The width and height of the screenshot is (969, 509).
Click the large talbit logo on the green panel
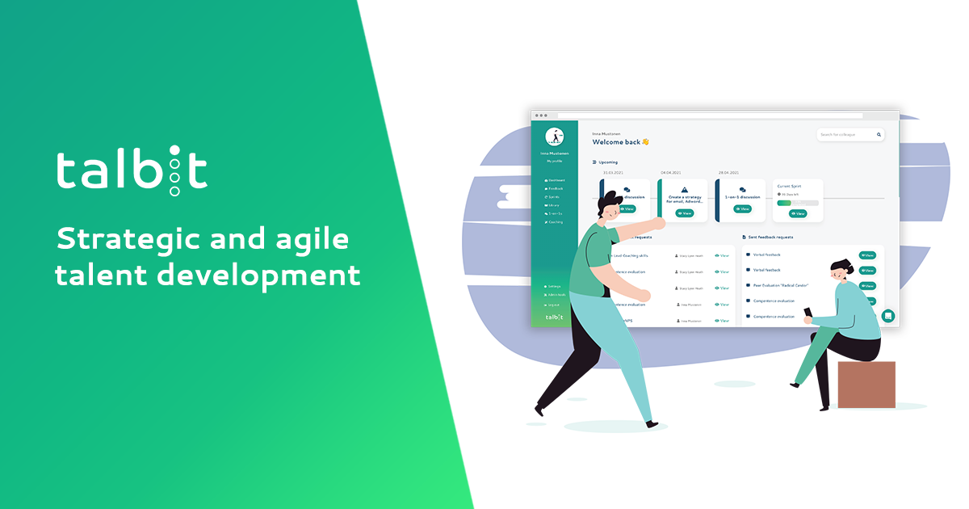[x=132, y=171]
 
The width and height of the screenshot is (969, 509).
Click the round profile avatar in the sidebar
[x=554, y=137]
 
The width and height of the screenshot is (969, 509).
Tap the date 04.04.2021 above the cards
[x=672, y=172]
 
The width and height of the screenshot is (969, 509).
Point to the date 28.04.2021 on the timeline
[x=729, y=172]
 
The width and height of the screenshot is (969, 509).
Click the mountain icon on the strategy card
[x=683, y=189]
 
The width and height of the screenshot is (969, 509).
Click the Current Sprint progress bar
[x=797, y=203]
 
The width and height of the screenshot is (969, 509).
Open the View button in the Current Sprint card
[x=798, y=213]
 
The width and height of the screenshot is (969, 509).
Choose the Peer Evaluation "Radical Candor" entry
[x=780, y=285]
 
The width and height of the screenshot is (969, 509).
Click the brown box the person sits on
[x=866, y=384]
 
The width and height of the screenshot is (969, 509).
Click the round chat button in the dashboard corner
[x=888, y=316]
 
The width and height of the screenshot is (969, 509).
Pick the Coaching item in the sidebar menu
[x=555, y=221]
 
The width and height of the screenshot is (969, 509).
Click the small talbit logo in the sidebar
[x=554, y=318]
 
